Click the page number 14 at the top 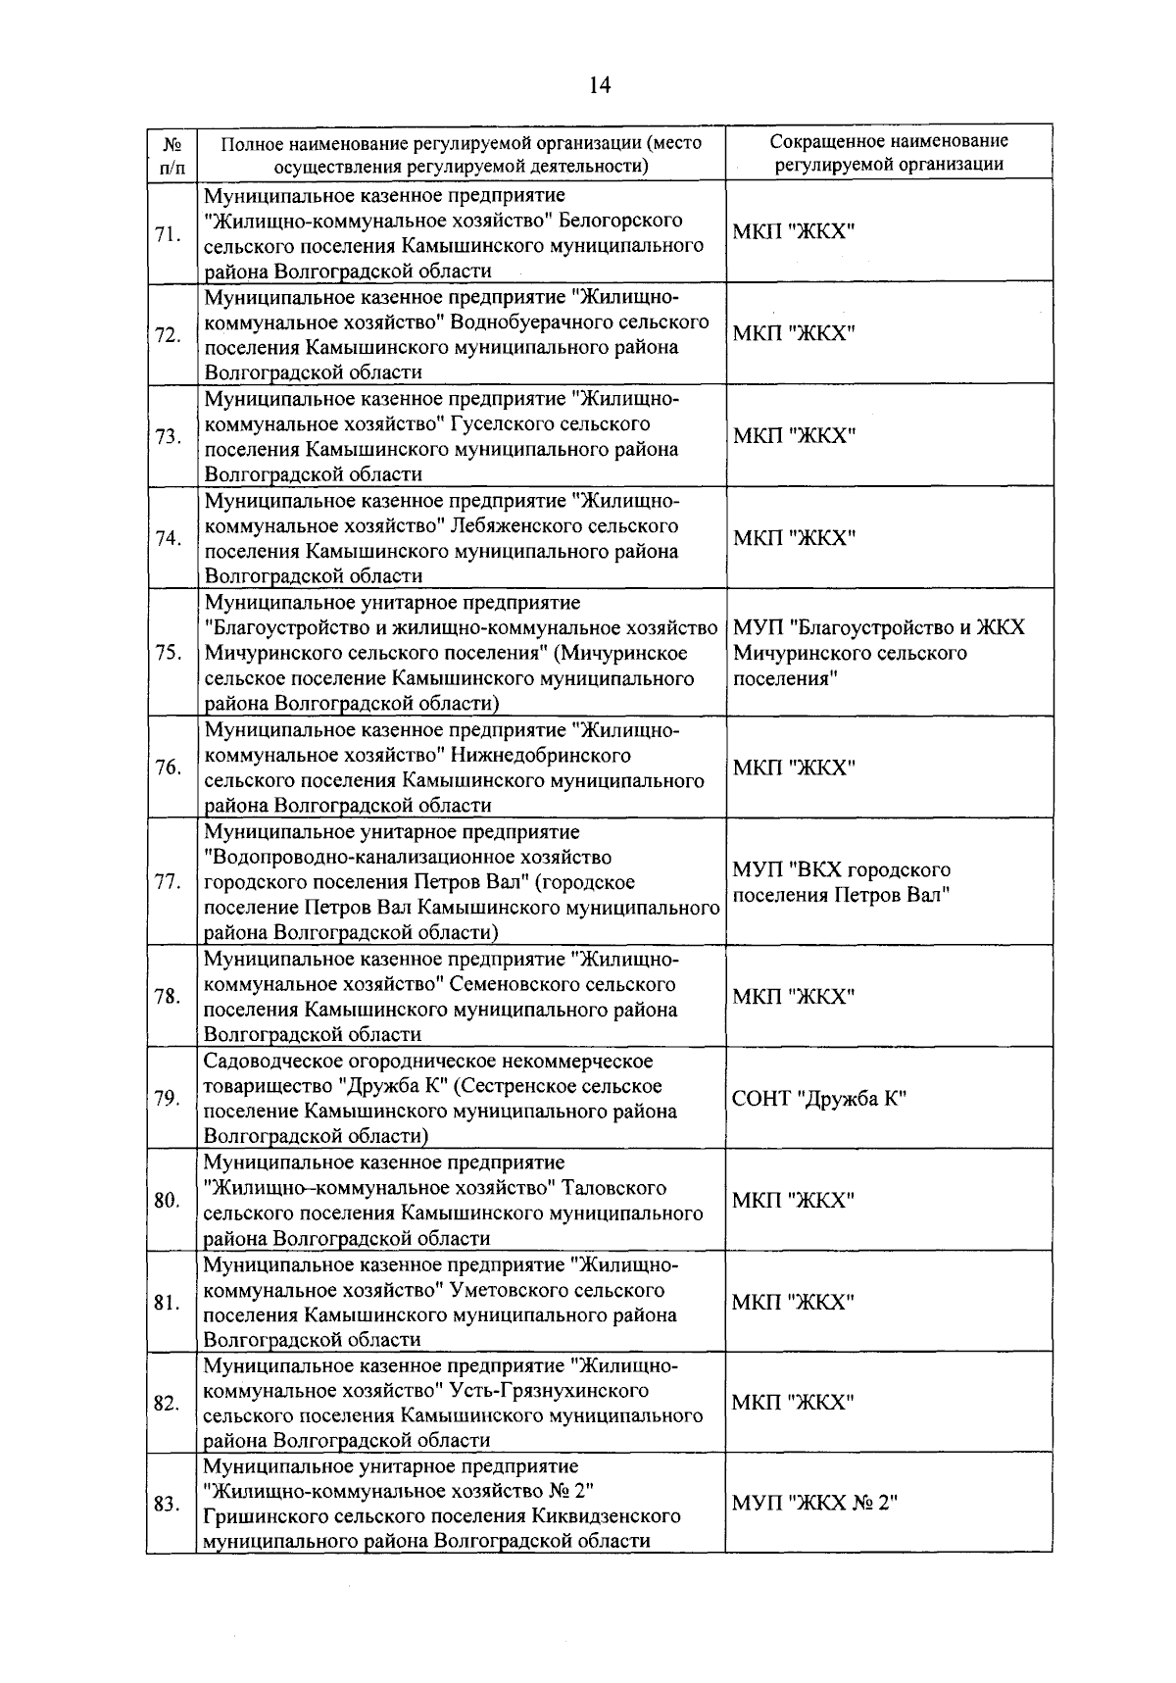coord(600,85)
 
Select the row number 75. coord(169,653)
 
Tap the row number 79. coord(169,1099)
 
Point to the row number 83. coord(169,1505)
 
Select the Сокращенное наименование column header coord(889,153)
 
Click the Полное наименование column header coord(461,153)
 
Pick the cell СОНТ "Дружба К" coord(819,1099)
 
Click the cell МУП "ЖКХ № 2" coord(814,1504)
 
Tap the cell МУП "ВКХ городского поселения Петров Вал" coord(842,882)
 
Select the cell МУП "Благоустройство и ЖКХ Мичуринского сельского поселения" coord(878,653)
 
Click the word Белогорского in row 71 coord(627,220)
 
